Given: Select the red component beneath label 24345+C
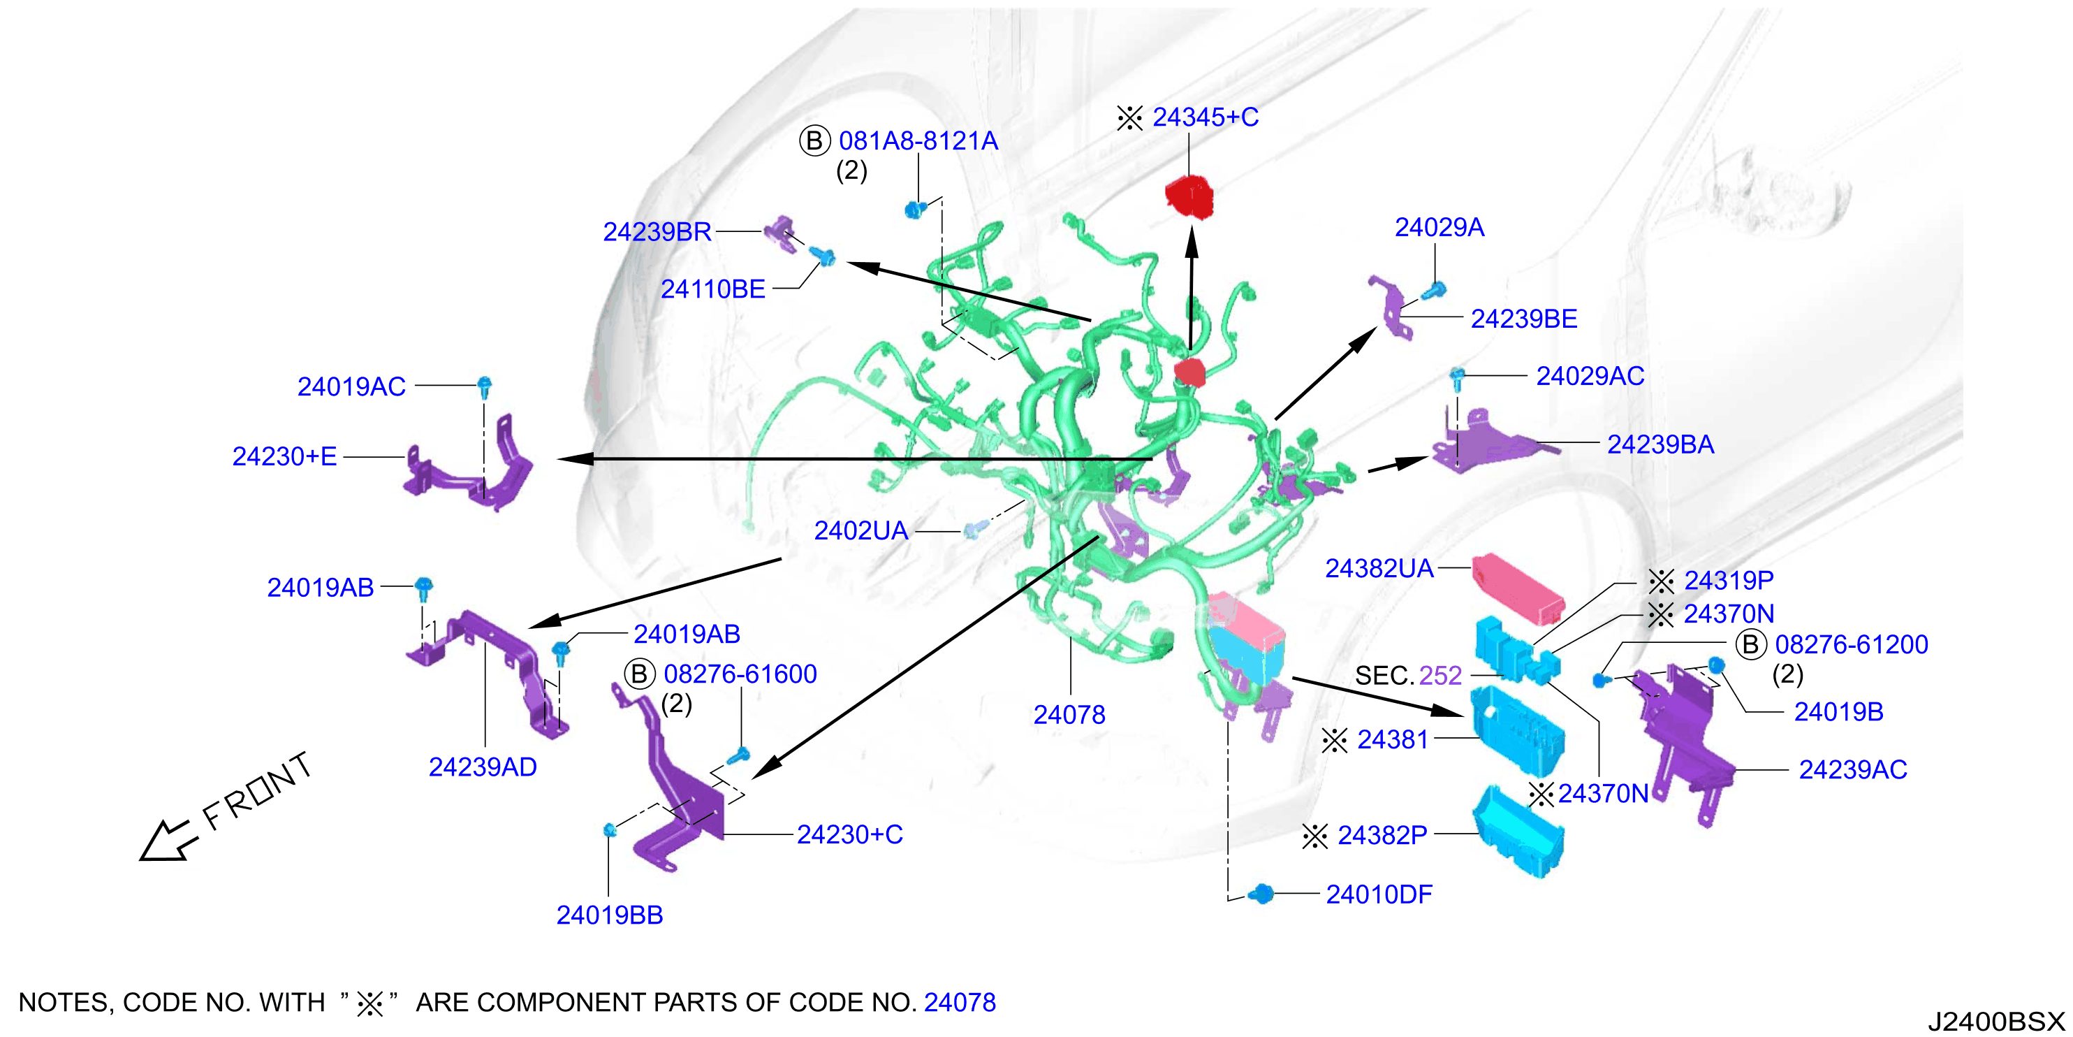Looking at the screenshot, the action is click(x=1189, y=196).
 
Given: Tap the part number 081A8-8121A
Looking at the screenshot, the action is click(x=918, y=141).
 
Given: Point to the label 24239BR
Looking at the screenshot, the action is click(x=657, y=232).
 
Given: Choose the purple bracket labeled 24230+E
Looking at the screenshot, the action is click(x=469, y=465).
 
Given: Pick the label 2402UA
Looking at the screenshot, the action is click(x=860, y=530).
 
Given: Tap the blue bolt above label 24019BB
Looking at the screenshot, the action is click(x=609, y=830).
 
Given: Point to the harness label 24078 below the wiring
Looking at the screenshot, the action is click(x=1069, y=714).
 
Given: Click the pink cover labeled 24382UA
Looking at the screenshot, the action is click(x=1518, y=588).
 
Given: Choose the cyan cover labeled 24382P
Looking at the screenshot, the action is click(x=1518, y=831).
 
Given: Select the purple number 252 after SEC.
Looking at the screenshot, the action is click(x=1440, y=676).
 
